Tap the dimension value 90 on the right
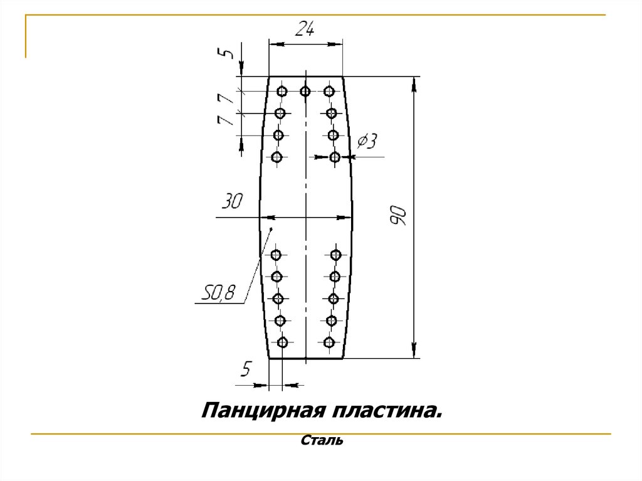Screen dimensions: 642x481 (399, 216)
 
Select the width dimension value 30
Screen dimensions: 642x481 (231, 202)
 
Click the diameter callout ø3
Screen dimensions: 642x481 (366, 142)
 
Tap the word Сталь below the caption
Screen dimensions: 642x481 (322, 441)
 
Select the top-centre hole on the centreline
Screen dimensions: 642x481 (305, 92)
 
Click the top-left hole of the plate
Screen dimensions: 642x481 (282, 92)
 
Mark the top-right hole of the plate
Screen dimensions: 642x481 (329, 92)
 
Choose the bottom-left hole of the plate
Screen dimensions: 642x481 (282, 342)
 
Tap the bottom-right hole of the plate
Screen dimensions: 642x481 (329, 342)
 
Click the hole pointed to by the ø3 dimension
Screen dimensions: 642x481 (335, 157)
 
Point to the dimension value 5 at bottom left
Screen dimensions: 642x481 (245, 370)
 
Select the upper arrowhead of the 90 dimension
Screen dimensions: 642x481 (414, 82)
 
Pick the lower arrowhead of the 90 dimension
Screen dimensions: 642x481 (414, 352)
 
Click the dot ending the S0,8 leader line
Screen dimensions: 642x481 (271, 230)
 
